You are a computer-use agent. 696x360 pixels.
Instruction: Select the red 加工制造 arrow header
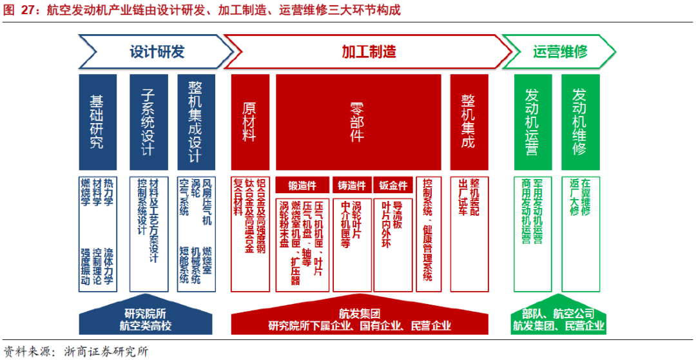tap(368, 52)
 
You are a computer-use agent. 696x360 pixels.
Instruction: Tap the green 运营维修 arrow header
tap(559, 52)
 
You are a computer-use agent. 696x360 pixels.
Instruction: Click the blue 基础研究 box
tap(97, 122)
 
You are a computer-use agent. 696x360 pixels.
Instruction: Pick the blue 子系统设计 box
tap(148, 122)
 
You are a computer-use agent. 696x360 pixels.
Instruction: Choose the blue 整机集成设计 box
tap(195, 122)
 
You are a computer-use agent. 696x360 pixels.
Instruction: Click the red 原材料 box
tap(249, 122)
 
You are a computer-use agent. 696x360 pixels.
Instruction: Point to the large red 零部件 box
tap(358, 122)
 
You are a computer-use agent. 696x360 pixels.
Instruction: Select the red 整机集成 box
tap(468, 122)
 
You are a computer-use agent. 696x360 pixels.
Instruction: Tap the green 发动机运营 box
tap(532, 122)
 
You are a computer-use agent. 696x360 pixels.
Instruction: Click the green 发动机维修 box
tap(580, 122)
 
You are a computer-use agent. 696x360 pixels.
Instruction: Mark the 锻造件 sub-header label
tap(302, 185)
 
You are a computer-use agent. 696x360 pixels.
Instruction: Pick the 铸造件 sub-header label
tap(352, 185)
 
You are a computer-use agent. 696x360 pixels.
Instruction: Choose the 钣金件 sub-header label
tap(393, 185)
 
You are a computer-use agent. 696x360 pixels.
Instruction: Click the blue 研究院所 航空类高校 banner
tap(146, 320)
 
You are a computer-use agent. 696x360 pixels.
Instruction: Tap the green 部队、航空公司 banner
tap(559, 314)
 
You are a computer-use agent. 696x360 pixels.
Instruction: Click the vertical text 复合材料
tap(238, 199)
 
